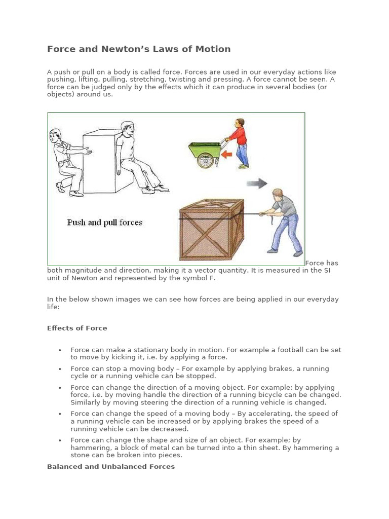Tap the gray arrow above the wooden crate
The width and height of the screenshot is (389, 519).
coord(257,183)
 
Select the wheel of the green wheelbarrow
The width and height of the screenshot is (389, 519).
coord(205,161)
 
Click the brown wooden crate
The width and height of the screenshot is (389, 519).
coord(211,229)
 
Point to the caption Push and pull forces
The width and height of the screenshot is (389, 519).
coord(105,222)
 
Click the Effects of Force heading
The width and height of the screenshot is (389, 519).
coord(77,328)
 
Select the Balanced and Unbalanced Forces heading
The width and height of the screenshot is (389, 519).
coord(111,466)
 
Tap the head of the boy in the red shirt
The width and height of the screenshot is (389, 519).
coord(239,124)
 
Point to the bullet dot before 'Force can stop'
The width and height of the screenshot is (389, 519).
coord(60,369)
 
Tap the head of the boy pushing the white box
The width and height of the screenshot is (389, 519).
coord(56,135)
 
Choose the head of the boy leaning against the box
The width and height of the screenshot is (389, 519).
coord(127,129)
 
